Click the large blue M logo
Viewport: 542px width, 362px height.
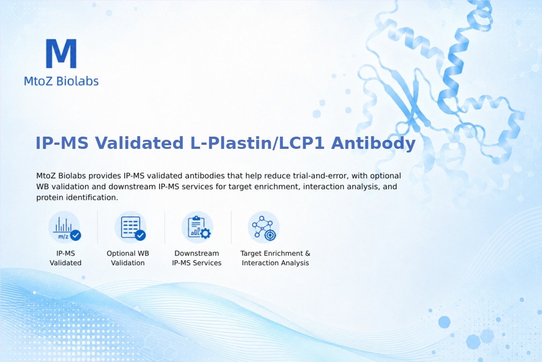pyautogui.click(x=61, y=53)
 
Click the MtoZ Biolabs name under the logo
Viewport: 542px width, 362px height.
pyautogui.click(x=61, y=81)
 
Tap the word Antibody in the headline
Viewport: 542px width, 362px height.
pyautogui.click(x=373, y=143)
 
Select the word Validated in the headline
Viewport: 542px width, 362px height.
pyautogui.click(x=139, y=143)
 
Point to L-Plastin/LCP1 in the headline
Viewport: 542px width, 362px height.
pyautogui.click(x=257, y=143)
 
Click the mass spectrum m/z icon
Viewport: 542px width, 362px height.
pyautogui.click(x=64, y=227)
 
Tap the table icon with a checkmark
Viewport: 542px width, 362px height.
pyautogui.click(x=131, y=227)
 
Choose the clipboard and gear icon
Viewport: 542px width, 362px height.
pyautogui.click(x=197, y=227)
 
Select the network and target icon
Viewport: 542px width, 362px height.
pyautogui.click(x=263, y=227)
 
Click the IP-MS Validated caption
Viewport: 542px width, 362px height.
pyautogui.click(x=65, y=258)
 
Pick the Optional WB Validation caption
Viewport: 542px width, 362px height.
pyautogui.click(x=128, y=258)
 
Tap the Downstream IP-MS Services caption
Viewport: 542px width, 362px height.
pyautogui.click(x=197, y=258)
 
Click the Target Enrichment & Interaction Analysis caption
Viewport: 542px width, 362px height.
pyautogui.click(x=276, y=258)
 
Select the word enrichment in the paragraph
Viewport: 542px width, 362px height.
pyautogui.click(x=273, y=186)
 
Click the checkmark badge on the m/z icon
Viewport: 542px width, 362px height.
pyautogui.click(x=75, y=235)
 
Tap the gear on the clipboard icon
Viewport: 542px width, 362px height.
pyautogui.click(x=206, y=233)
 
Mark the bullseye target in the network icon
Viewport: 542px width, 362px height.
pyautogui.click(x=270, y=235)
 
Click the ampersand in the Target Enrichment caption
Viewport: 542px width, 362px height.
pyautogui.click(x=308, y=253)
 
